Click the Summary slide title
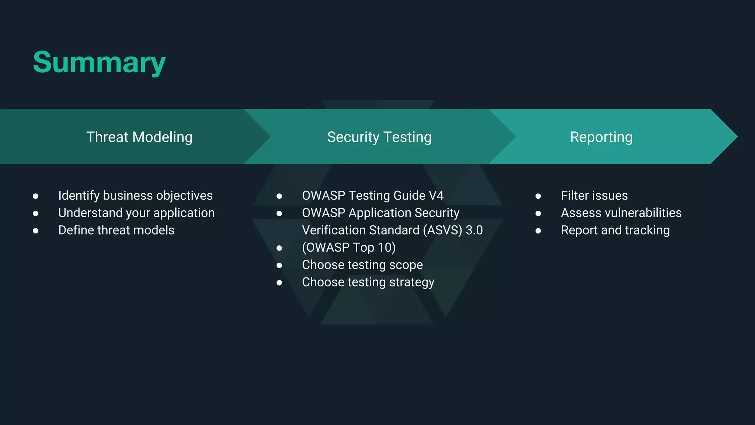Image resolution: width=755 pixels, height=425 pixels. (x=99, y=62)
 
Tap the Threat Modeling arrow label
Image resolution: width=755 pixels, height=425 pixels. (x=139, y=137)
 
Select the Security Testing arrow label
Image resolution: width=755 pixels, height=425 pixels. (x=379, y=137)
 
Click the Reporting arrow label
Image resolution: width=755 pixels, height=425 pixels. (x=601, y=137)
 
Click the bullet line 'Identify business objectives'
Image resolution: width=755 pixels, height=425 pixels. (x=135, y=196)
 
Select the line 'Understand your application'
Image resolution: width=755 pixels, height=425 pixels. (x=136, y=213)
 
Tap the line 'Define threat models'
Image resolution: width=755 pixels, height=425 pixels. (x=116, y=230)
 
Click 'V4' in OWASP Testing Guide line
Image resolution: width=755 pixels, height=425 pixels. (x=436, y=196)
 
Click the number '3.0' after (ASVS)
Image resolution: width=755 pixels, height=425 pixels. (x=474, y=230)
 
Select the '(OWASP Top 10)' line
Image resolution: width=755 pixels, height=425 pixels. (x=349, y=248)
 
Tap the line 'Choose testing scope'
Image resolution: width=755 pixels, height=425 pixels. (x=362, y=265)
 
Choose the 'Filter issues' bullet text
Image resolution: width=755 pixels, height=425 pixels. (x=594, y=196)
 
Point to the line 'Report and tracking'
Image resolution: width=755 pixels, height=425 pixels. (x=615, y=230)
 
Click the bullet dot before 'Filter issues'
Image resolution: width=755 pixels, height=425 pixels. (x=538, y=196)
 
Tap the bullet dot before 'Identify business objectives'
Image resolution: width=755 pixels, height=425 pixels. (x=35, y=196)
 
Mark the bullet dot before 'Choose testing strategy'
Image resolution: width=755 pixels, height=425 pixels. (x=279, y=283)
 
